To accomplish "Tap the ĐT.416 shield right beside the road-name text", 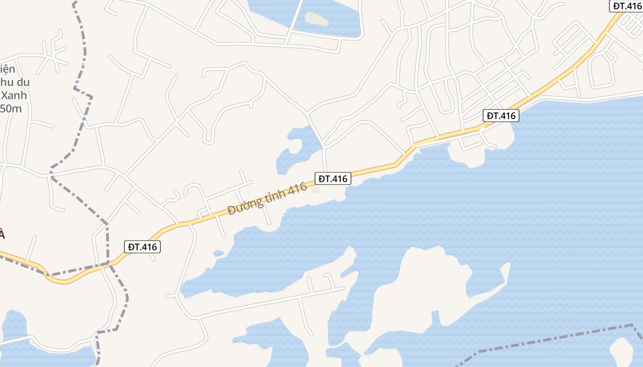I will point(333,178).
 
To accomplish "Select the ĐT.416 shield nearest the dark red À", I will point(142,247).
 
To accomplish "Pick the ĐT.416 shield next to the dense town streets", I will point(502,116).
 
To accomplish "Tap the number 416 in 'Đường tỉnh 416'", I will point(298,189).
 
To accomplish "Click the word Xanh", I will point(14,95).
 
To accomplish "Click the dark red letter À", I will point(2,235).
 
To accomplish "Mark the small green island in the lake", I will point(317,19).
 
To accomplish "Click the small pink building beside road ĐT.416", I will point(316,190).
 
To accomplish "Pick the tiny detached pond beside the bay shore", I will point(219,253).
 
